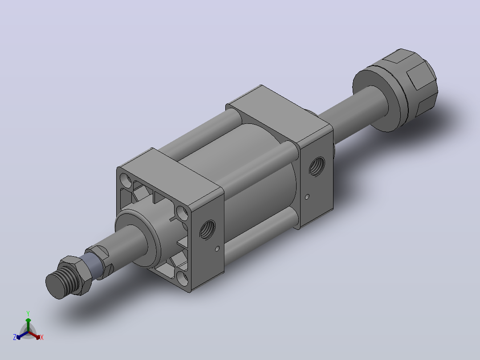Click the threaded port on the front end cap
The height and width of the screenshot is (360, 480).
pyautogui.click(x=207, y=229)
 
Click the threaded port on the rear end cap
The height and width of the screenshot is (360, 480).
pyautogui.click(x=317, y=166)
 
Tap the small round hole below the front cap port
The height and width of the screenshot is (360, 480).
pyautogui.click(x=217, y=249)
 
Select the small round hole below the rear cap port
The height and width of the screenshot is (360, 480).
pyautogui.click(x=307, y=196)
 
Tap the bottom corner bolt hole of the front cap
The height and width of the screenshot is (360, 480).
pyautogui.click(x=183, y=279)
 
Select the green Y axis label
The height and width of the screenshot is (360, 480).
pyautogui.click(x=28, y=313)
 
